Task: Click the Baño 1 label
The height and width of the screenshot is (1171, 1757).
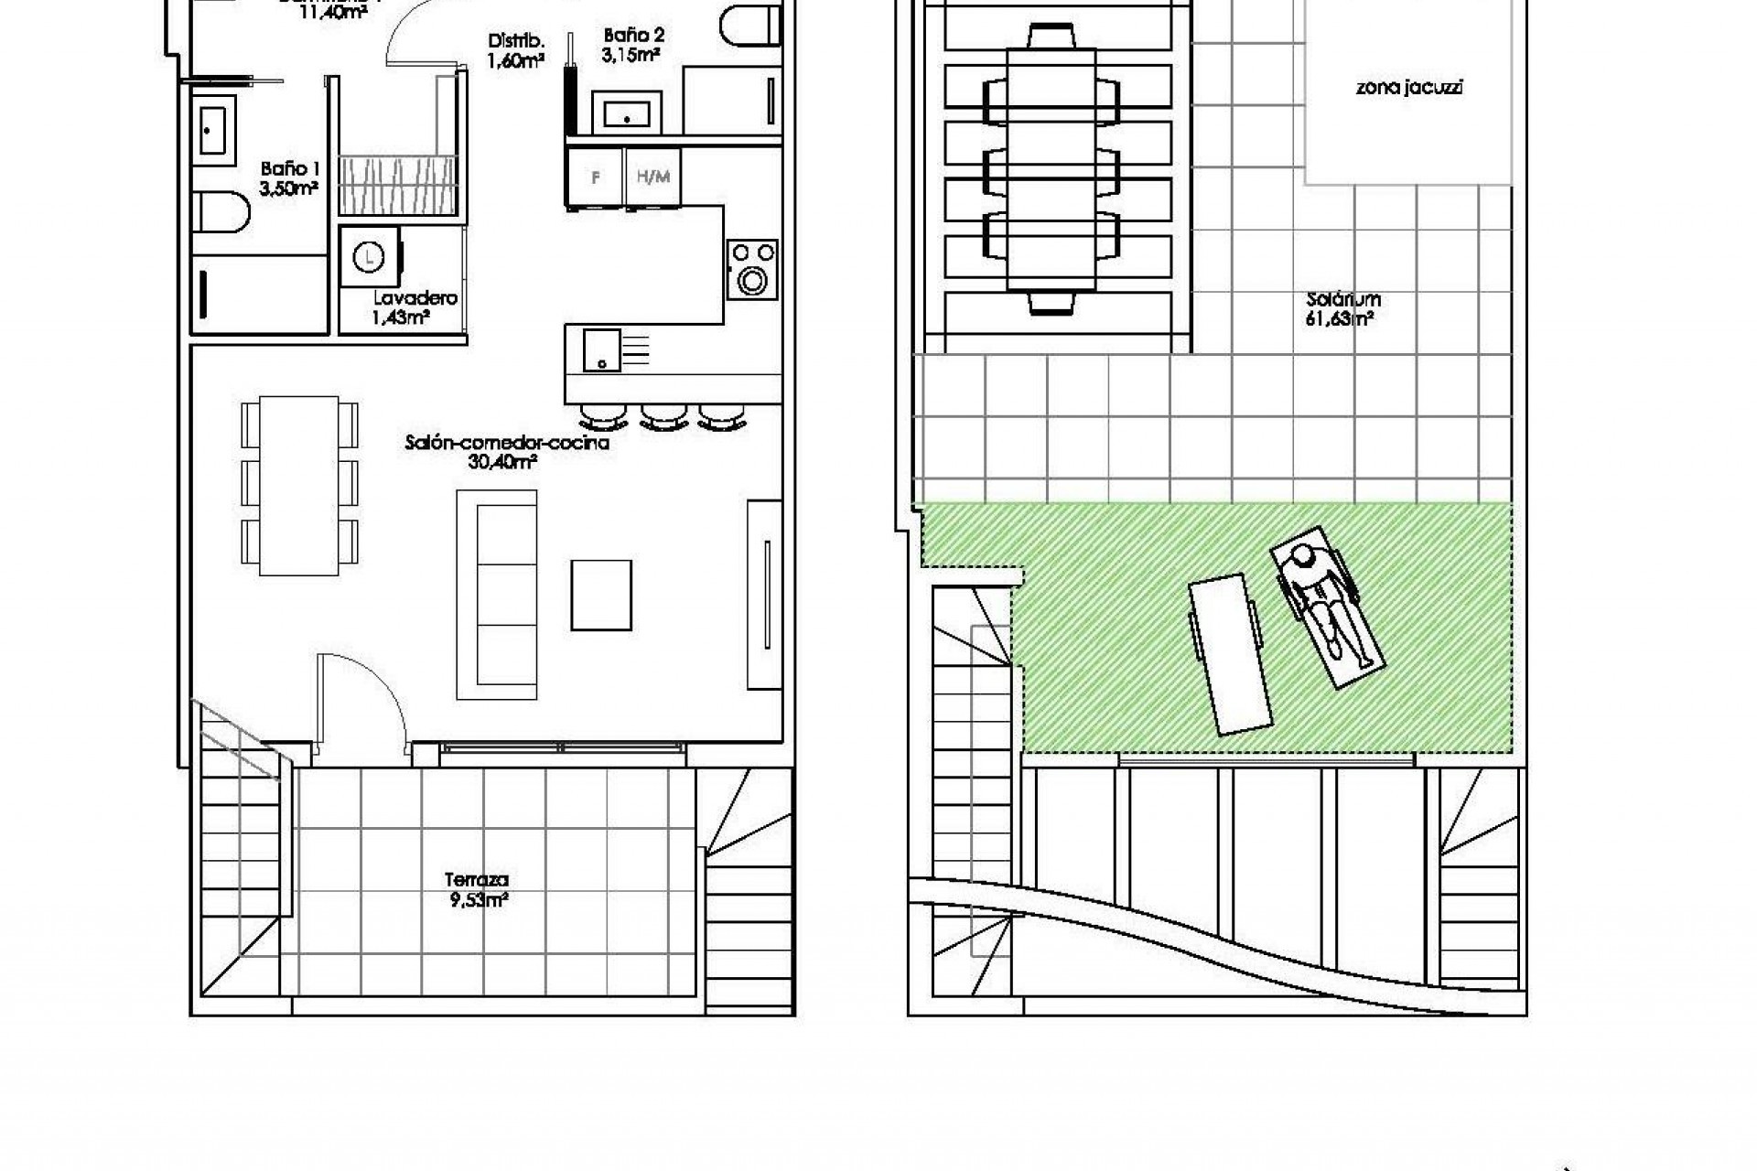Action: pos(289,178)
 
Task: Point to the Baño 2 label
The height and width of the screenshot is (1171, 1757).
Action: pos(633,45)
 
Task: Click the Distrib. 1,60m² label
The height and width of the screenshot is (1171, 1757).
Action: pos(517,51)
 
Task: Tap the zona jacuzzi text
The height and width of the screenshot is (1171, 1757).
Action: pos(1408,89)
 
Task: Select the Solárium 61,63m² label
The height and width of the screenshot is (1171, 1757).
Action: pos(1342,309)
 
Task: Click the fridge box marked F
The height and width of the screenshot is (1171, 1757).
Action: pos(596,177)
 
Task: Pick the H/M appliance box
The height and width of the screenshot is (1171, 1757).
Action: pos(652,177)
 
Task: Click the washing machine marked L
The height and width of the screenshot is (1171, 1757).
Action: pos(369,257)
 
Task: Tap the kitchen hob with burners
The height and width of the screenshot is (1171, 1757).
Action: pos(752,269)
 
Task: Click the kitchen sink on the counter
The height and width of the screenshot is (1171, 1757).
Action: pos(601,350)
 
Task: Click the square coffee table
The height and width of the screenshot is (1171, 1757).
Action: pos(601,596)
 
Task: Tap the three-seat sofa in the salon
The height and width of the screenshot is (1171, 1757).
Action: pos(497,595)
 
